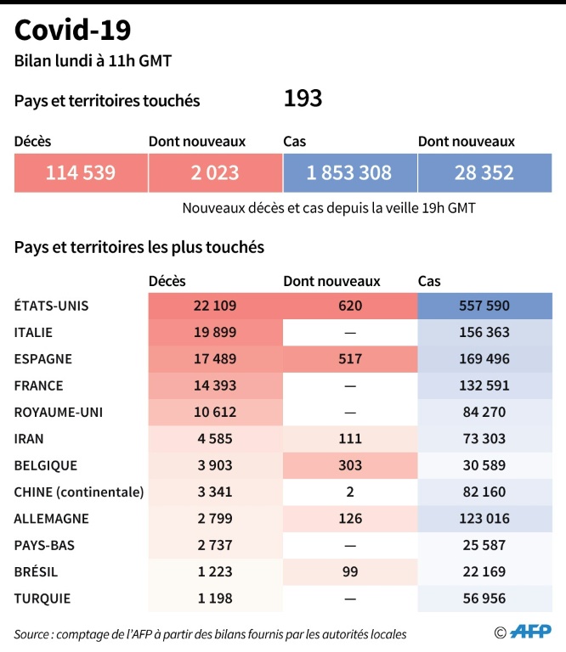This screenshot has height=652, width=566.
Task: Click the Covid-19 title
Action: (73, 31)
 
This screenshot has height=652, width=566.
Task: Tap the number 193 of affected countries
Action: (303, 99)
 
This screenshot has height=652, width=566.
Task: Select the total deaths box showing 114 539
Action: (81, 173)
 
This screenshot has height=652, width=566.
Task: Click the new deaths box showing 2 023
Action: (215, 173)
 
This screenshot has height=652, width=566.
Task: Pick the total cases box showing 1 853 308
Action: (349, 173)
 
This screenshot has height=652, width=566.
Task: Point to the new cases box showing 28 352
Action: (484, 173)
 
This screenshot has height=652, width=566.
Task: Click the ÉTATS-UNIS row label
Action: (51, 306)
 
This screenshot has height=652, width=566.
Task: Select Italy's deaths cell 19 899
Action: (214, 333)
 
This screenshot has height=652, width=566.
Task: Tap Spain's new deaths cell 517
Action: (349, 359)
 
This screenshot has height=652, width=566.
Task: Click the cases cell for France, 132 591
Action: (483, 385)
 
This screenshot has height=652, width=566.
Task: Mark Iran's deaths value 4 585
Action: (214, 439)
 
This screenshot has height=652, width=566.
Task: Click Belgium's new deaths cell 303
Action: (349, 465)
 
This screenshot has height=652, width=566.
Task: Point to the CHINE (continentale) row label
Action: (79, 492)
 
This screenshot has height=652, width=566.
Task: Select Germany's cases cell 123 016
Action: (483, 519)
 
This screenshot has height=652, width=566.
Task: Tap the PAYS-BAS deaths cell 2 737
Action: (214, 545)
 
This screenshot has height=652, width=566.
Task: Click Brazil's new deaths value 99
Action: (349, 571)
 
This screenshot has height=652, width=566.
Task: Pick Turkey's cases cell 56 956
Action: (483, 599)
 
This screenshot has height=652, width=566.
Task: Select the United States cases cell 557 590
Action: (483, 306)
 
